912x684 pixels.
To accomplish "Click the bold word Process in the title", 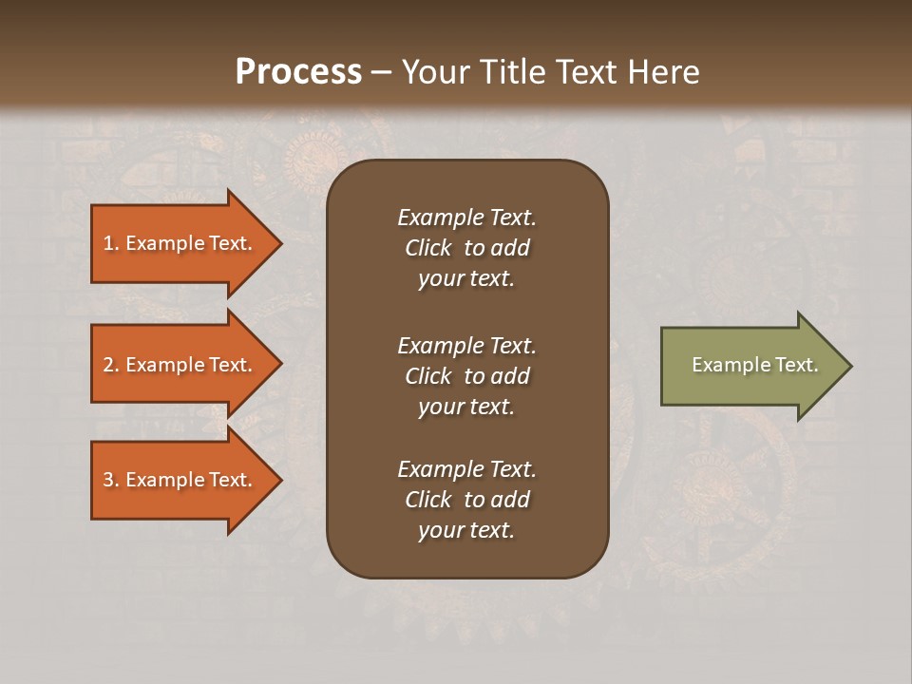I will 298,72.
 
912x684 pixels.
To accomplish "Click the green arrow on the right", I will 750,366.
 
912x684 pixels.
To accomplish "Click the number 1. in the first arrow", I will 111,243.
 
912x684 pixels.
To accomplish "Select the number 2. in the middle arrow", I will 111,365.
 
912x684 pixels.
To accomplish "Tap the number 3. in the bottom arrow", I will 111,480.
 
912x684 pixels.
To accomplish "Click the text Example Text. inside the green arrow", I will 754,365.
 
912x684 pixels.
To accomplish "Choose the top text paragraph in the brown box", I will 466,248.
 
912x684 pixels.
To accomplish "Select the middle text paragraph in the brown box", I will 466,376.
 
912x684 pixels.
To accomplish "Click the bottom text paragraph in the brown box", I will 466,500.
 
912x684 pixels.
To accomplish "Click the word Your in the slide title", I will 431,72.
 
